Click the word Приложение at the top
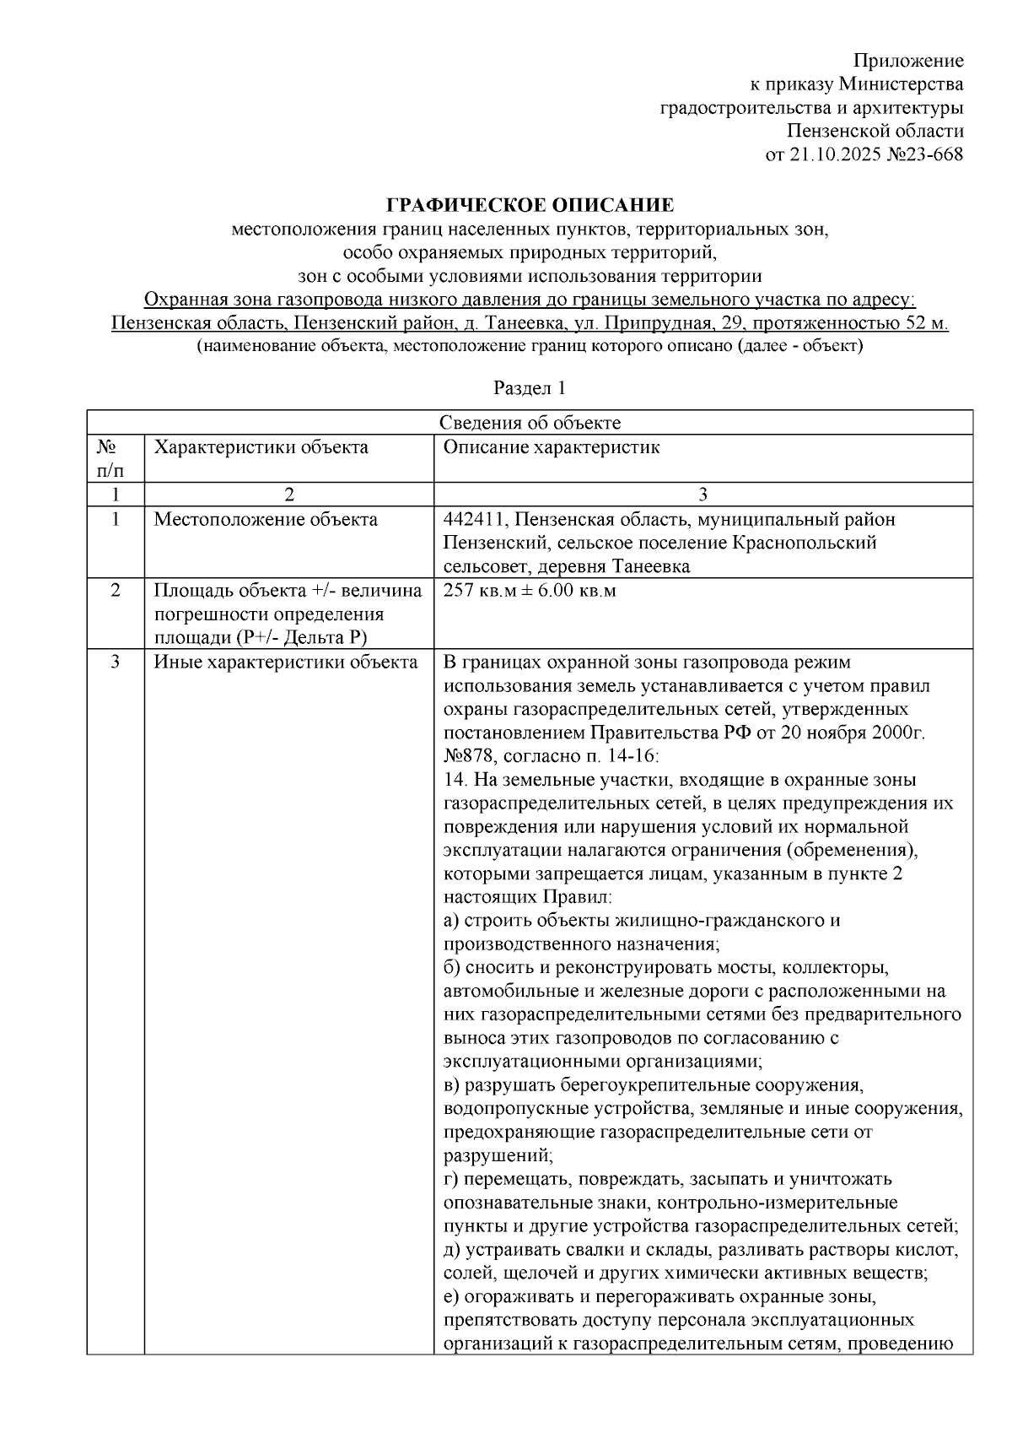[908, 61]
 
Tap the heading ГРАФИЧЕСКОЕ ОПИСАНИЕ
[530, 205]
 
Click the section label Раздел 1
[529, 388]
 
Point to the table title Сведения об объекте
[530, 423]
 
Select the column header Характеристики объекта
[261, 447]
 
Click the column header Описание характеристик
[552, 447]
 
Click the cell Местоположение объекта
[265, 519]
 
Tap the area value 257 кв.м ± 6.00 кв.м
[530, 591]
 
